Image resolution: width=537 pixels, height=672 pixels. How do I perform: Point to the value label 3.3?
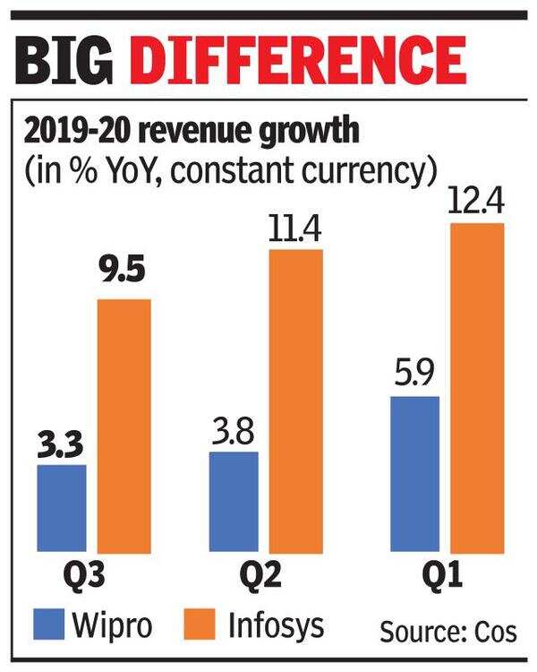point(62,444)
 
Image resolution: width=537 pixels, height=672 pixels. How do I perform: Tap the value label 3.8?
point(234,432)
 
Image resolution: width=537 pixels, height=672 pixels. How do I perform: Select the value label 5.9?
point(415,375)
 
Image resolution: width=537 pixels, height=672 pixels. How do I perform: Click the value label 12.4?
point(478,202)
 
